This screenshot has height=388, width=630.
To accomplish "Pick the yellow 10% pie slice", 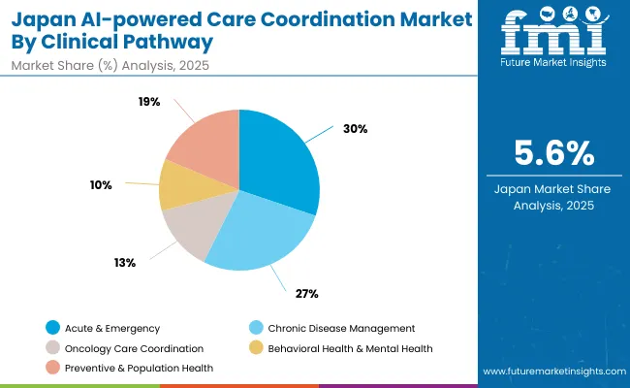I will (178, 185).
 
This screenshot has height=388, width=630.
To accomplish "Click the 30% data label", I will (355, 129).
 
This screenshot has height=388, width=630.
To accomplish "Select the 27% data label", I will (307, 293).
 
